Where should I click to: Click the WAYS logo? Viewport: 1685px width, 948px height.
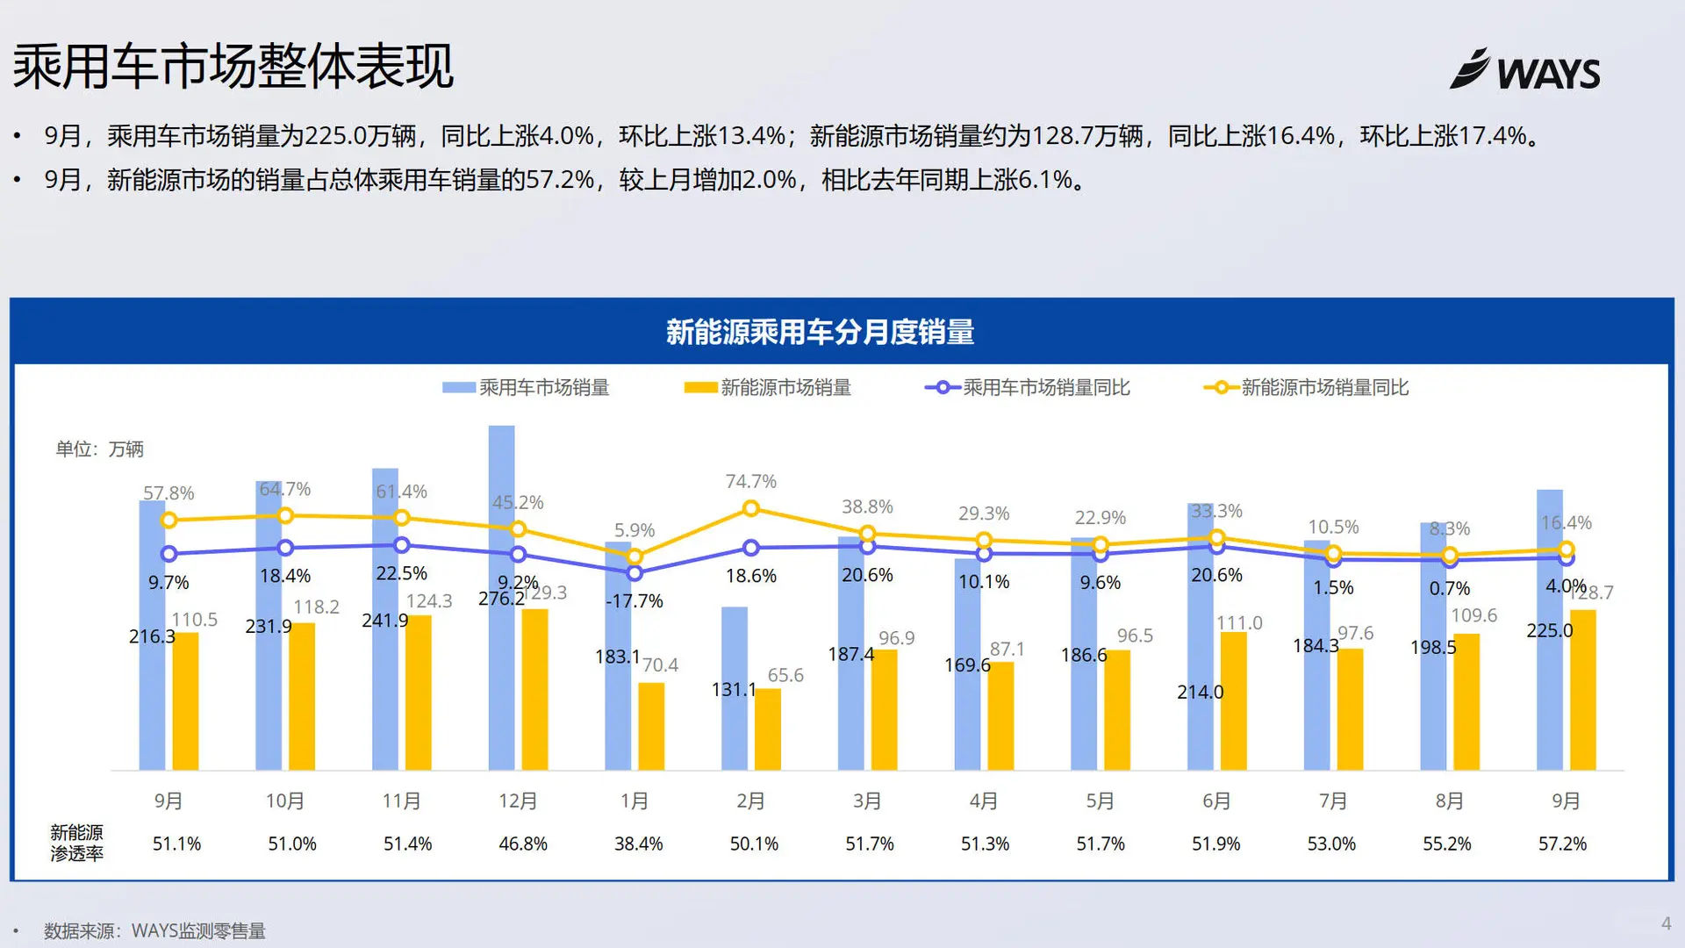point(1525,70)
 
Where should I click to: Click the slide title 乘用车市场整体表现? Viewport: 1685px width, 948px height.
point(233,67)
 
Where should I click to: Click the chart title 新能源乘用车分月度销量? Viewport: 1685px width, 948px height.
point(820,332)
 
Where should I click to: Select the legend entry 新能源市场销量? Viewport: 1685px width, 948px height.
point(768,387)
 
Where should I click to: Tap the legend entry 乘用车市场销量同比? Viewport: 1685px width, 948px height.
point(1028,387)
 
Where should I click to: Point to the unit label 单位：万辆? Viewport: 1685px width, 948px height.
point(99,449)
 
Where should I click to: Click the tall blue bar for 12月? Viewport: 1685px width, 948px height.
point(501,527)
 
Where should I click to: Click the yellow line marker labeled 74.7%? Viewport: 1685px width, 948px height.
point(750,508)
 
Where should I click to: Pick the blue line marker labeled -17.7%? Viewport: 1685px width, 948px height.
point(635,573)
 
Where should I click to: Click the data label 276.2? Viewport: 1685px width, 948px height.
point(501,599)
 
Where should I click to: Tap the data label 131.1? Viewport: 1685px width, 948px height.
point(733,690)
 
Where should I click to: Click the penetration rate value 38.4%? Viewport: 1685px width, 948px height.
point(638,844)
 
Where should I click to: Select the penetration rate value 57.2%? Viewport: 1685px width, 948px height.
point(1562,844)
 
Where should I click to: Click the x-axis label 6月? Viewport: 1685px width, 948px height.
point(1215,801)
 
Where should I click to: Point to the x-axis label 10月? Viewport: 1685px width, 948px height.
point(284,801)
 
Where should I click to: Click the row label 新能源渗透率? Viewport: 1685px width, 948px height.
point(76,843)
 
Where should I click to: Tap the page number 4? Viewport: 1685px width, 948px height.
point(1665,923)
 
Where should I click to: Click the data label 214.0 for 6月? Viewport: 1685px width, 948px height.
point(1200,692)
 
